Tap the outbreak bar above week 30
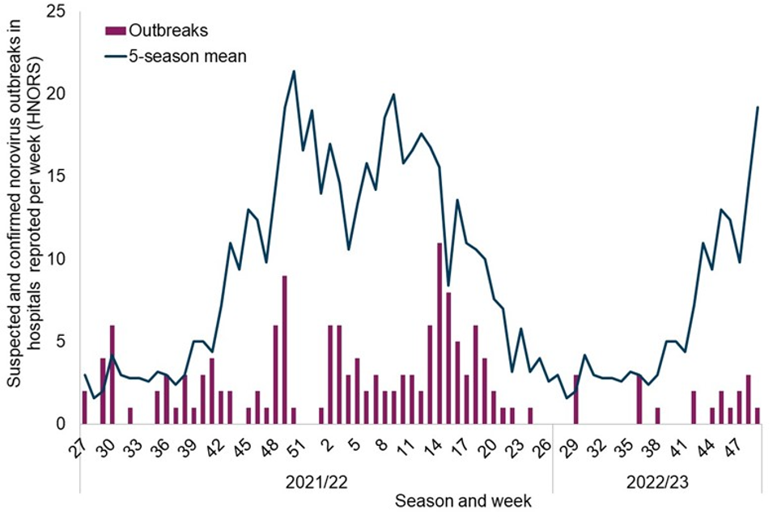(112, 374)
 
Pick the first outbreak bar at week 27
(84, 407)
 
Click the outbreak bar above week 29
(575, 399)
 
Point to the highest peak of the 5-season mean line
(294, 71)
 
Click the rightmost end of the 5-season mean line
(758, 107)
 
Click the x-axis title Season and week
(464, 500)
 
